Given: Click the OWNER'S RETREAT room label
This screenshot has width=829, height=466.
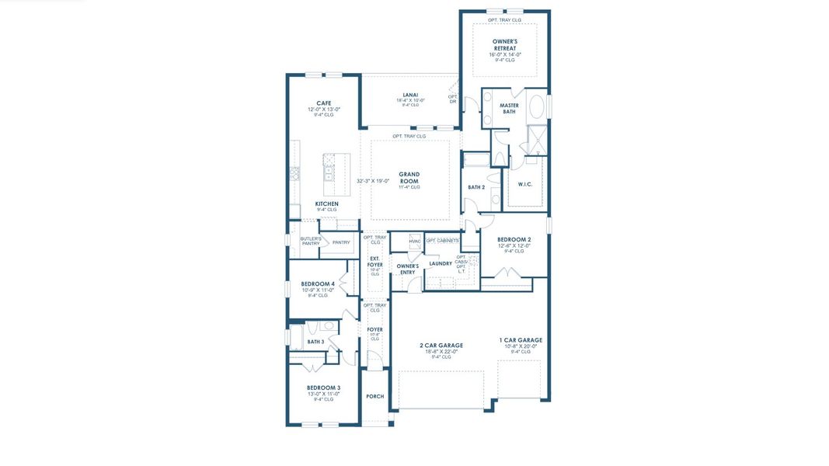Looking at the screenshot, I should [x=504, y=44].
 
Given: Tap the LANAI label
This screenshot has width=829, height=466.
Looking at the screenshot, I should [x=410, y=95].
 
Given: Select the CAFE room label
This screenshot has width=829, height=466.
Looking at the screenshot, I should [x=324, y=103].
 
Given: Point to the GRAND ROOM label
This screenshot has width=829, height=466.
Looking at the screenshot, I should [x=409, y=175].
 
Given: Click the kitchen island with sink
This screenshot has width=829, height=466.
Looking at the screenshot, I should [x=336, y=174].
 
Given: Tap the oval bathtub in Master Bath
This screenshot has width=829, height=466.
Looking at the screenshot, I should [x=537, y=106].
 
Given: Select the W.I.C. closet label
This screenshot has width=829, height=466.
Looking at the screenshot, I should [x=525, y=184].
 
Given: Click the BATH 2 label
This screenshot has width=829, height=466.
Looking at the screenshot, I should [x=476, y=187].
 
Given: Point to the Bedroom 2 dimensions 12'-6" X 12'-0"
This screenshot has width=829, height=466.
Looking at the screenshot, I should [x=514, y=245].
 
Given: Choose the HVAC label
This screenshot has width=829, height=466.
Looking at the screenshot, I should [x=415, y=242].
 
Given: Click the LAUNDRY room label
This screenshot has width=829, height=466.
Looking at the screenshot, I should [x=441, y=263].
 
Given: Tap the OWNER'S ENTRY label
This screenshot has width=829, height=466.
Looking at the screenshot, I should [x=408, y=269].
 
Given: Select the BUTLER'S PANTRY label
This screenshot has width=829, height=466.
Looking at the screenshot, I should [x=310, y=242].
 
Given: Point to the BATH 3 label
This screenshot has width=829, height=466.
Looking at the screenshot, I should [x=315, y=342].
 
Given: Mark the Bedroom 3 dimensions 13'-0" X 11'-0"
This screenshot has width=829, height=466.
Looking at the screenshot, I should [x=323, y=394].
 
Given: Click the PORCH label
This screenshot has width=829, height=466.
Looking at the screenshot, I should [x=375, y=396].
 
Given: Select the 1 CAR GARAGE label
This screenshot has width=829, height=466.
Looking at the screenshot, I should [x=521, y=340].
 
